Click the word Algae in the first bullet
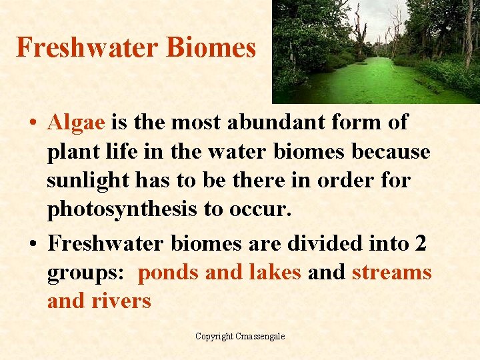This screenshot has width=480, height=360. (x=76, y=123)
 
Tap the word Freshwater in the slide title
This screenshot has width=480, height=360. (x=87, y=47)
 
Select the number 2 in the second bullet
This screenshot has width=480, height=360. (x=420, y=243)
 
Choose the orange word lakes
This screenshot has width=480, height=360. (x=275, y=273)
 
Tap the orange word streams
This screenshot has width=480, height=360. (x=392, y=273)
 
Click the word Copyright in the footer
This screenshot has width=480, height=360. (x=214, y=337)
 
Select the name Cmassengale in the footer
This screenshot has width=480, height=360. (x=260, y=337)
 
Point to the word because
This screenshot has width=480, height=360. (x=391, y=152)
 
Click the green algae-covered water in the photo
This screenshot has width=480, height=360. (x=373, y=80)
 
